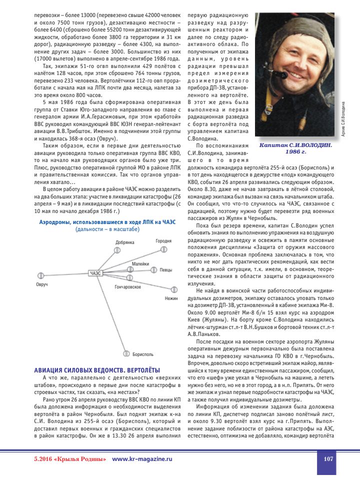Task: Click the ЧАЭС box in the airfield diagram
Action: coord(96,273)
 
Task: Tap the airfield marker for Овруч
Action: coord(41,275)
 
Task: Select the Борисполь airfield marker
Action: coord(126,353)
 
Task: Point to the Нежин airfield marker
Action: coord(174,289)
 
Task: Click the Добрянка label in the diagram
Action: coord(125,242)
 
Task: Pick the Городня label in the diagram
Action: coord(163,241)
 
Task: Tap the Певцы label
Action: coord(166,270)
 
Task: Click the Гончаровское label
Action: coord(127,287)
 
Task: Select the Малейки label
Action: coord(140,263)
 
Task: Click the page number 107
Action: coord(328,459)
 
